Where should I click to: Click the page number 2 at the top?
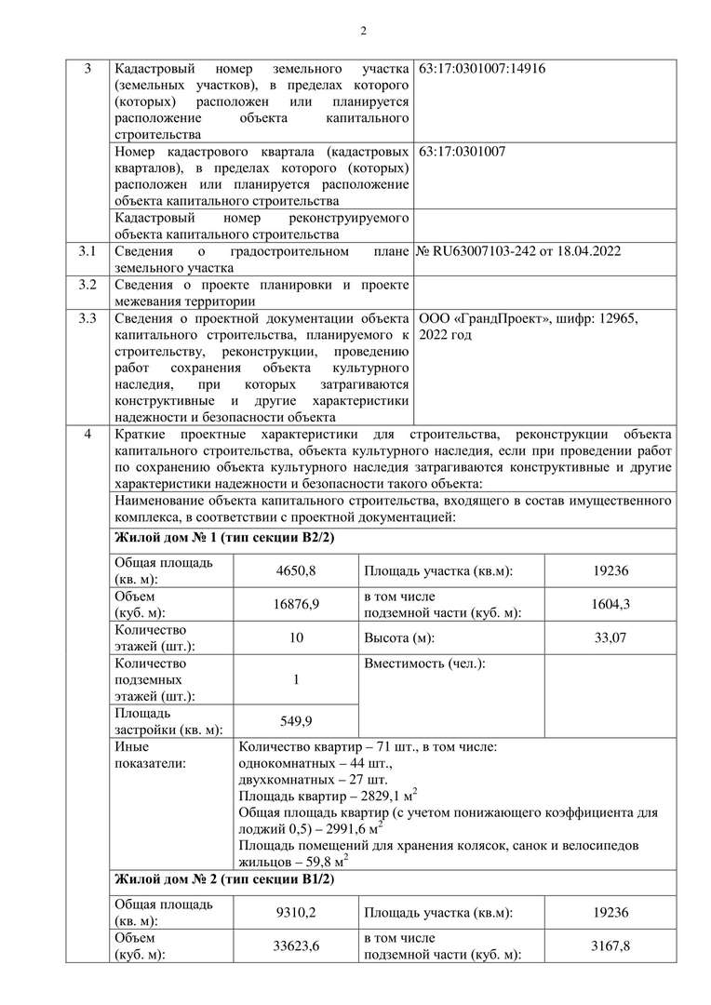364,31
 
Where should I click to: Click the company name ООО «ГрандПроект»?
480,318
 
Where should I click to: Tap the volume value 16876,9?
296,605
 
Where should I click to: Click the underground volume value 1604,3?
610,605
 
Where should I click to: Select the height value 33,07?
610,638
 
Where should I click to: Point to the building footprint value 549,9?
296,721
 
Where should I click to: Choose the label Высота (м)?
399,638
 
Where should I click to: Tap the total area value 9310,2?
296,912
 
